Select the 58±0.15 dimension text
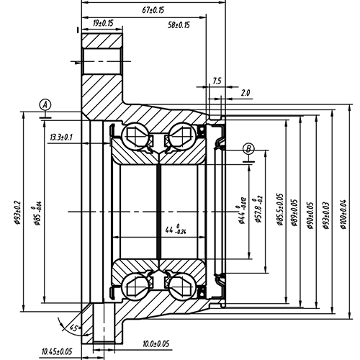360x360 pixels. tap(178, 24)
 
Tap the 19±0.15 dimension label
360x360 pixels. tap(103, 23)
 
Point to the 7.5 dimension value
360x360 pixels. tap(217, 81)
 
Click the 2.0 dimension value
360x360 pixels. tap(246, 93)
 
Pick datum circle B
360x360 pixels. tap(249, 149)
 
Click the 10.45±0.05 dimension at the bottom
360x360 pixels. tap(61, 351)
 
